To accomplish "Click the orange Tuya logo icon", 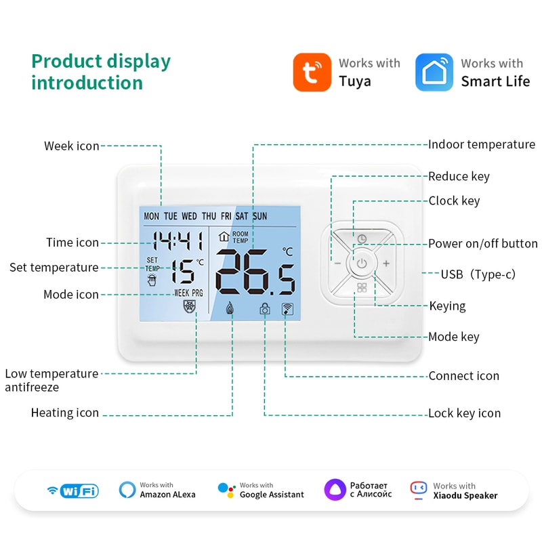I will tap(312, 72).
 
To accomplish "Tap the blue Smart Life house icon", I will tap(434, 72).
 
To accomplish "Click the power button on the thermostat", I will tap(362, 263).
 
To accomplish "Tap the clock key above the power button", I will tap(362, 238).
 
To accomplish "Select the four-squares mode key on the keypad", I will tap(362, 288).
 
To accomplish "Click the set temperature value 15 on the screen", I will tap(182, 272).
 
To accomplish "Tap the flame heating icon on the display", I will tap(230, 309).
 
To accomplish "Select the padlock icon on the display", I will tap(264, 310).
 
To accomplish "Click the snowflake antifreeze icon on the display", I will tap(190, 307).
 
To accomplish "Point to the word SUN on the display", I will tap(259, 216).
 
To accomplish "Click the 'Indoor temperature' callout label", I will tap(481, 144).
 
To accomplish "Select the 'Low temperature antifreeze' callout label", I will tap(51, 380).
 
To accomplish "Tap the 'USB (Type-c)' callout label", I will tap(478, 274).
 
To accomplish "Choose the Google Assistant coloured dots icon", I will tap(226, 490).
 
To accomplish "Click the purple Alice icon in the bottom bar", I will tap(335, 489).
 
